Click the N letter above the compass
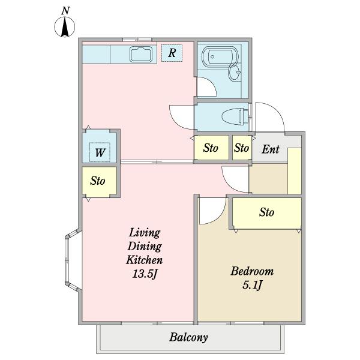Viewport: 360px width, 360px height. pos(65,11)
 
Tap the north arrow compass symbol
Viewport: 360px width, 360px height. pos(65,27)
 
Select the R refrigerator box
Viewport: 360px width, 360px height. pos(172,53)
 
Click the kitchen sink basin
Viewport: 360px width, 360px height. pos(141,54)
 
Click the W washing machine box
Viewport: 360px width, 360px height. pos(100,152)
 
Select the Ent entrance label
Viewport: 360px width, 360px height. pos(271,149)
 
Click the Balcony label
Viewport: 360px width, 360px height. pos(188,337)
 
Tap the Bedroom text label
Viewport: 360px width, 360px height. pos(252,271)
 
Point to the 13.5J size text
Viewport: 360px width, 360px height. pos(145,274)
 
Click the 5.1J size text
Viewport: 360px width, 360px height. pos(252,286)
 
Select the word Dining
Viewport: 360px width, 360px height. pos(145,247)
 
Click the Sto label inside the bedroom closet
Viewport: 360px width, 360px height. pos(266,212)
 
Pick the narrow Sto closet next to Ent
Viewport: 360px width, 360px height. pos(242,148)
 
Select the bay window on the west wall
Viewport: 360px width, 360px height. pos(73,260)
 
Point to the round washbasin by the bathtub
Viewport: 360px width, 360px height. pos(235,73)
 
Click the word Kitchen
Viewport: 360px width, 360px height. pos(145,260)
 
